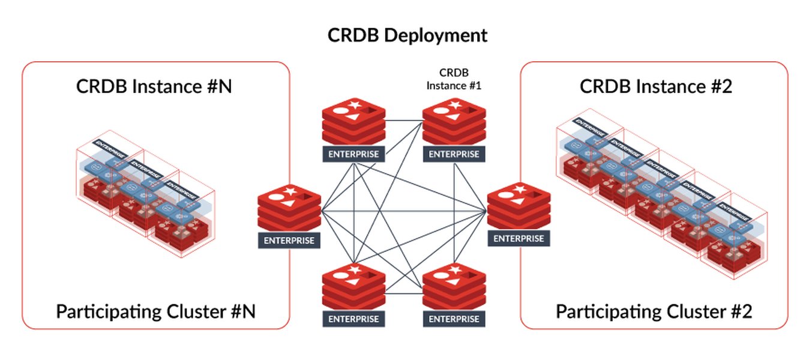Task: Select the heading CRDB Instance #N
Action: (154, 86)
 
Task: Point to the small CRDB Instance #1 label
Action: (454, 79)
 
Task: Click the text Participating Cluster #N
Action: (156, 311)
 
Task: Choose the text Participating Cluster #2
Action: (654, 311)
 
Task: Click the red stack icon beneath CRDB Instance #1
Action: (454, 123)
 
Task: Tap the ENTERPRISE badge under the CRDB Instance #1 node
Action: (454, 154)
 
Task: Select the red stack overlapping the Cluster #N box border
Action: (289, 208)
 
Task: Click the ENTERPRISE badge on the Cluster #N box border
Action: (289, 241)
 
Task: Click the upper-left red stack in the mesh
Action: (353, 123)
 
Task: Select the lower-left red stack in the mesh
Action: (353, 287)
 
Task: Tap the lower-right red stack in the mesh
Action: (454, 287)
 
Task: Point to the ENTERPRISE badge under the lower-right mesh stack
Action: (454, 318)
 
